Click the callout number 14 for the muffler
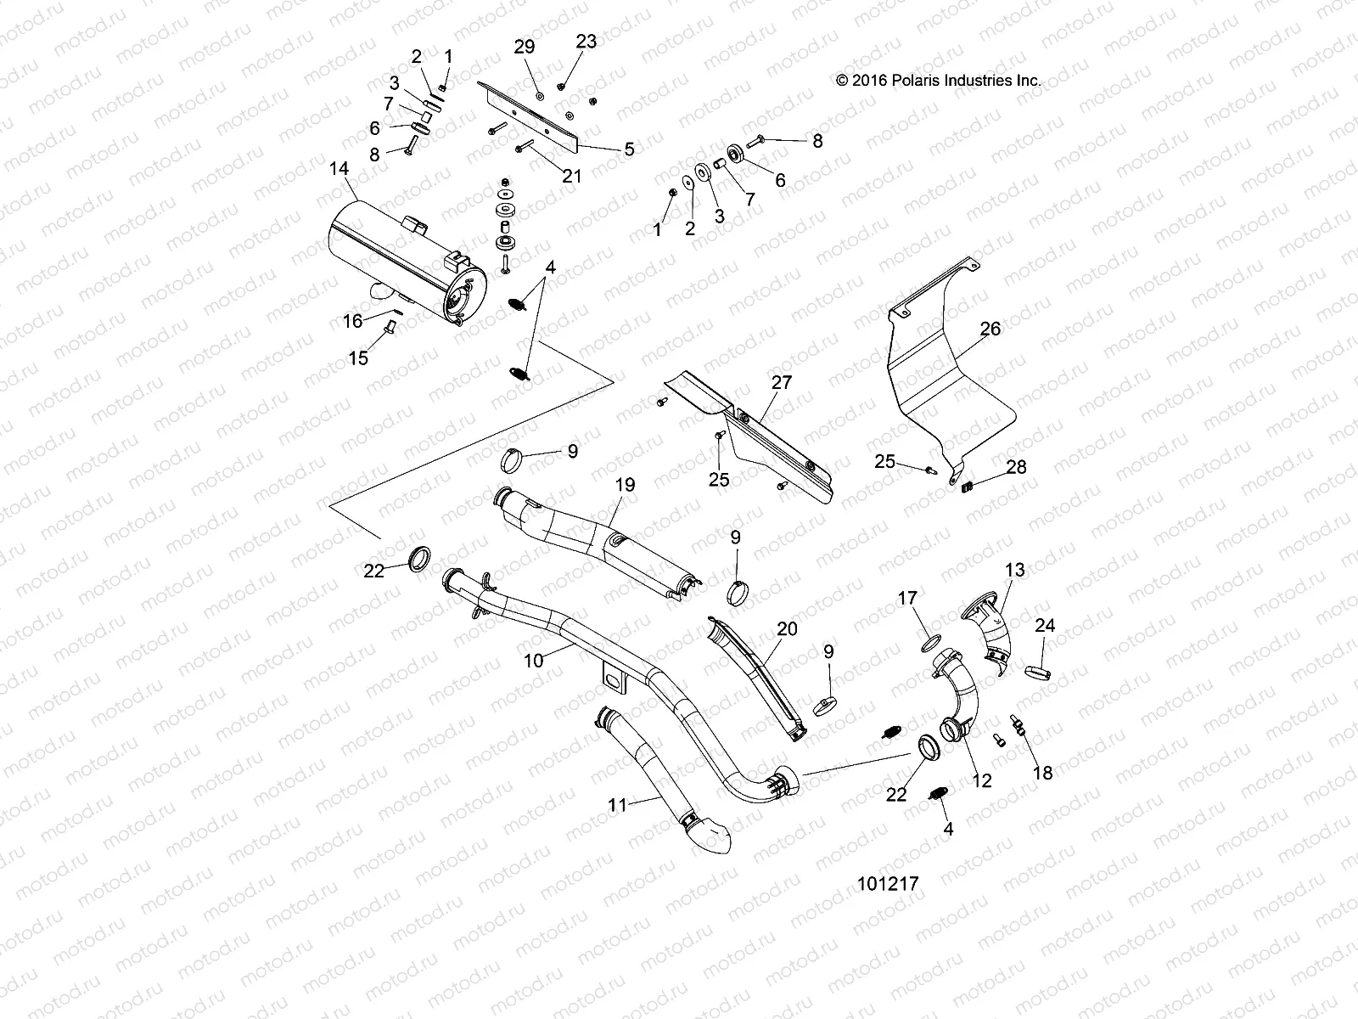click(x=339, y=169)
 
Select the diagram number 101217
click(x=889, y=884)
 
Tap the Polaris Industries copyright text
click(x=938, y=81)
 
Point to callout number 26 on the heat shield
click(x=990, y=329)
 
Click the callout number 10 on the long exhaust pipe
click(x=534, y=660)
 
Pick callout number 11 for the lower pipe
click(x=618, y=804)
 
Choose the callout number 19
click(x=625, y=486)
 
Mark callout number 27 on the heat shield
click(x=782, y=382)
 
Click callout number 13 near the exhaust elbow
click(x=1015, y=569)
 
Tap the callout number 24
click(x=1045, y=626)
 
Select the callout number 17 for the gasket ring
click(x=907, y=599)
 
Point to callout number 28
click(x=1016, y=467)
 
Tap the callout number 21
click(x=572, y=176)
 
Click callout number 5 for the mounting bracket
click(x=629, y=149)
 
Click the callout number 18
click(x=1042, y=772)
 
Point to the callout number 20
click(x=787, y=629)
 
